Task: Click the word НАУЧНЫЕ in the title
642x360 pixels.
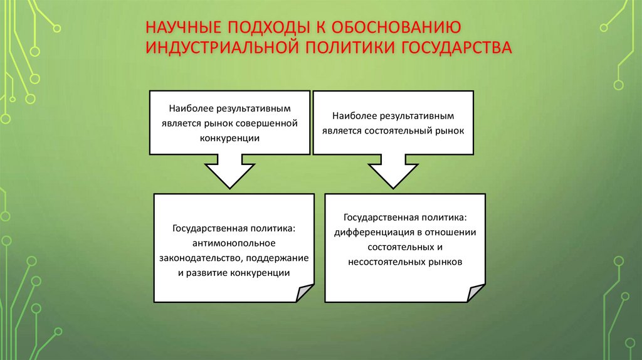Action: pos(178,28)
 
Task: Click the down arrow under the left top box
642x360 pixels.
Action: pos(229,171)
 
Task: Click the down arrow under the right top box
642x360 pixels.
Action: pos(393,171)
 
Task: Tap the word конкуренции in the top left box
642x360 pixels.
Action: pos(229,137)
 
